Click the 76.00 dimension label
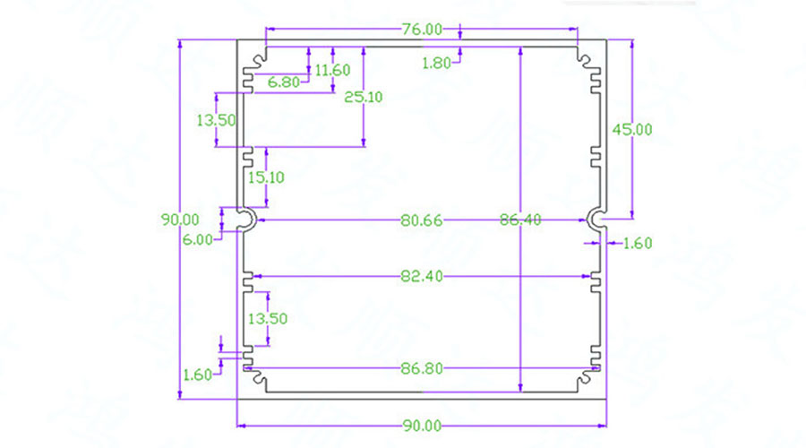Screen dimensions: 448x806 point(421,29)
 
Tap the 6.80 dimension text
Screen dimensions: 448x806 point(284,82)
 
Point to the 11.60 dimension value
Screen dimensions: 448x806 point(332,70)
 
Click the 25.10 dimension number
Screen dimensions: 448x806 point(363,97)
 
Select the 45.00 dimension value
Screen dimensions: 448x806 point(631,129)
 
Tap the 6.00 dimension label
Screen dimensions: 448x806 point(197,239)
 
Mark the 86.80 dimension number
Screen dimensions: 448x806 point(420,368)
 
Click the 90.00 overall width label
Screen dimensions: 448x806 point(420,426)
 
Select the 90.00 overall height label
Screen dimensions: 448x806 point(180,219)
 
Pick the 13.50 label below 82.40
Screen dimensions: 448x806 point(268,318)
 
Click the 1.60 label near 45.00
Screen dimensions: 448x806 point(637,242)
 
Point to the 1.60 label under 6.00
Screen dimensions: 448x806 point(197,375)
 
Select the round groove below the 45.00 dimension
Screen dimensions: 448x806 point(596,218)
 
